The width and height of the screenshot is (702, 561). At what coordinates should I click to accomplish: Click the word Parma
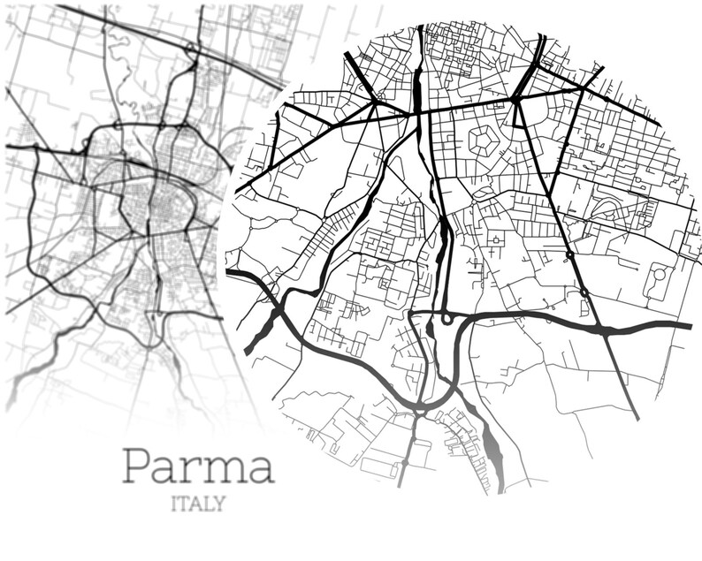197,466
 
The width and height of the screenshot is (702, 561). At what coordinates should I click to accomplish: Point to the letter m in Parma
222,469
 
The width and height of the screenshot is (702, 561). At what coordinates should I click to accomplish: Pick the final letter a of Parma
258,469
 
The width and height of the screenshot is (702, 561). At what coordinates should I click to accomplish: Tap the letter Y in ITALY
217,504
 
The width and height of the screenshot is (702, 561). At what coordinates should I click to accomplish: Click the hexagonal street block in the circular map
483,139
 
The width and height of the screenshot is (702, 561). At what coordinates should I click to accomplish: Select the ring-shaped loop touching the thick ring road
447,318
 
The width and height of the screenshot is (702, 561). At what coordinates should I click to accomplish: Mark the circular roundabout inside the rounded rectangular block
659,274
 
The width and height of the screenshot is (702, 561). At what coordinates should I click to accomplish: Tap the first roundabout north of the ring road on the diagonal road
584,292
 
